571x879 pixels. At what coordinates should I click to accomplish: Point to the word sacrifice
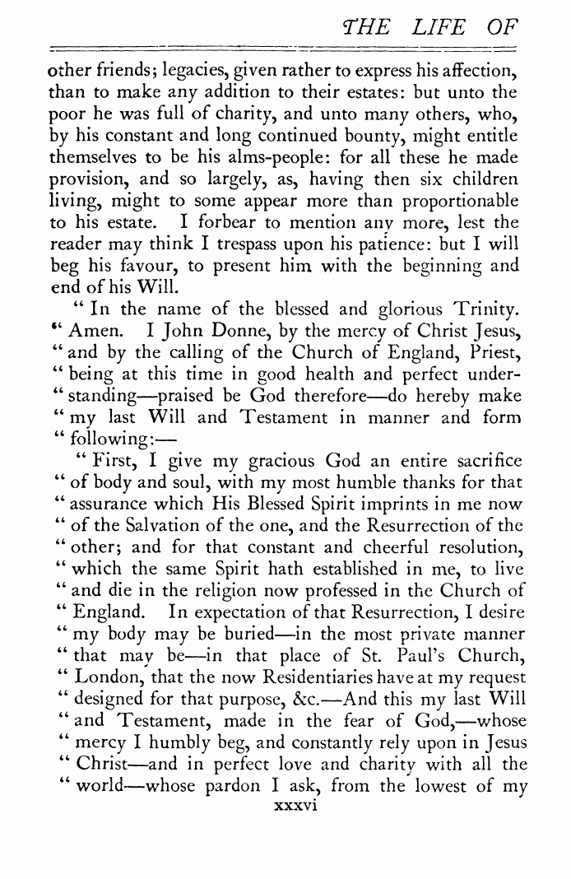[480, 461]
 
